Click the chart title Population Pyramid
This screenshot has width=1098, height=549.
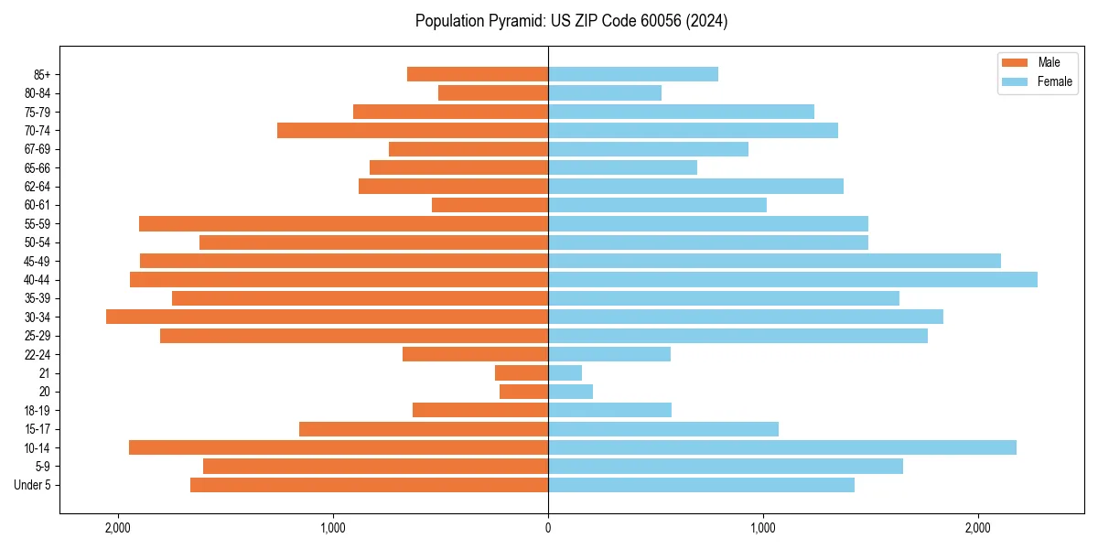[x=571, y=21]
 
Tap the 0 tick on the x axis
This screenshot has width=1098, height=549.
[x=548, y=527]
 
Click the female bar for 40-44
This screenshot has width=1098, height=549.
[x=792, y=279]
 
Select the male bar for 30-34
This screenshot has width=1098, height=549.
[x=327, y=317]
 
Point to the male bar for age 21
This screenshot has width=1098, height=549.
[x=522, y=372]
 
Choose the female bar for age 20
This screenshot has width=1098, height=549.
[x=570, y=392]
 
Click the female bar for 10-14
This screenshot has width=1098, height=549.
[x=782, y=447]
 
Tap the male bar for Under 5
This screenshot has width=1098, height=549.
[x=369, y=485]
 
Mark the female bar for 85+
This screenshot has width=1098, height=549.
[x=633, y=74]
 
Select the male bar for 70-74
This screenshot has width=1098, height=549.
[x=413, y=130]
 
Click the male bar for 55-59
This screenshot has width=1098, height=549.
[x=343, y=223]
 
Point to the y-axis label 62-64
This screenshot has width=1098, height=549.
[x=38, y=187]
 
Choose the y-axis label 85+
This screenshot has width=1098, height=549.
[x=42, y=74]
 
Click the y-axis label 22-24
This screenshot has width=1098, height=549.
[x=38, y=354]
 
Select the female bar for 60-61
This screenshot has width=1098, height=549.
[x=657, y=205]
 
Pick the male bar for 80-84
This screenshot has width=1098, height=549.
[x=493, y=92]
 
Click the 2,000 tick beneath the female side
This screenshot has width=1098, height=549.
[x=978, y=527]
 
